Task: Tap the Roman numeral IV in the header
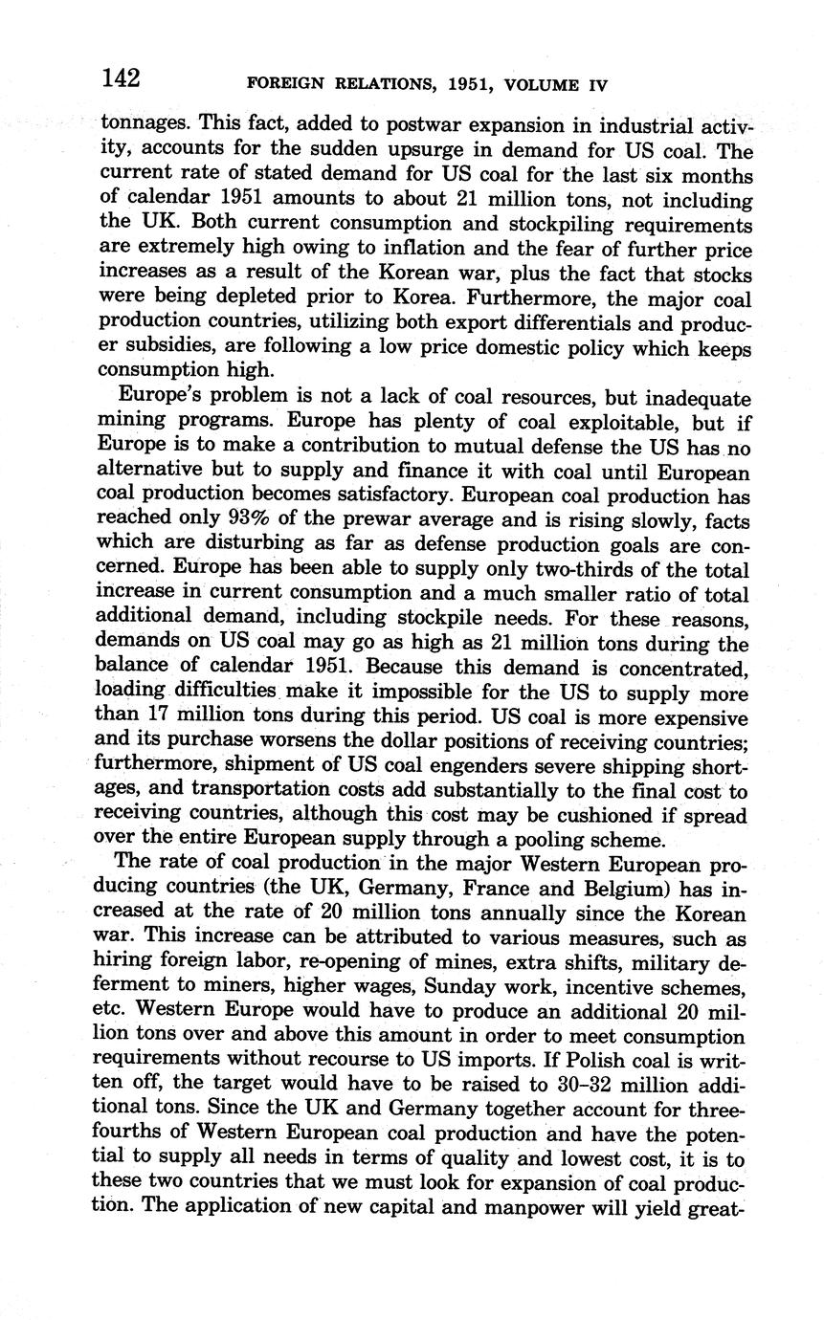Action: pos(594,84)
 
